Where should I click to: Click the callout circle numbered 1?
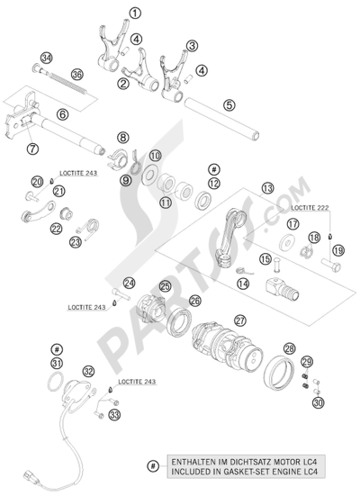tap(135, 13)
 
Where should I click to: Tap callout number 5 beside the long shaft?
tap(229, 105)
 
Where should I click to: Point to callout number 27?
tap(240, 320)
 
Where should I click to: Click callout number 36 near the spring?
tap(76, 74)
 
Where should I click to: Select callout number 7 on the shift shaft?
tap(33, 149)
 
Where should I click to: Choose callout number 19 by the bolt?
tap(337, 249)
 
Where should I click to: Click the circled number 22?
tap(57, 230)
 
